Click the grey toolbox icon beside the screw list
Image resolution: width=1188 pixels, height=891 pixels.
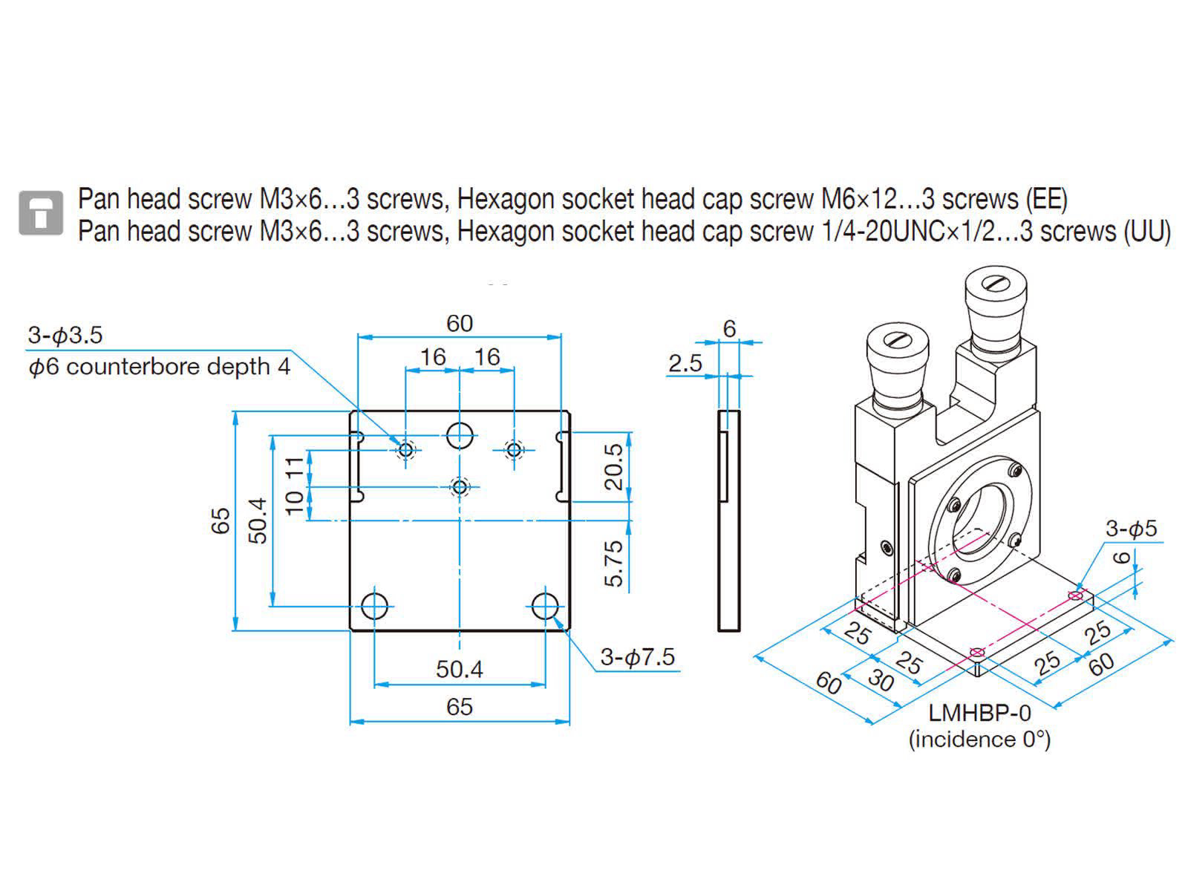(41, 213)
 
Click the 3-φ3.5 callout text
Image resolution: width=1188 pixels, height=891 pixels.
(65, 335)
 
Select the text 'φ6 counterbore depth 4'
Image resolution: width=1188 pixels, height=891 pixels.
(159, 367)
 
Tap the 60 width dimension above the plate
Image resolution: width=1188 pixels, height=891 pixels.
(460, 324)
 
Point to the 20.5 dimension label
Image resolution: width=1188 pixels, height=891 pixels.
(614, 466)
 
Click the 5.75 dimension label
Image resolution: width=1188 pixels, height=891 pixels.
(614, 564)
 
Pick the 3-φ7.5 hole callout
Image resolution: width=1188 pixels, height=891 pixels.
(638, 657)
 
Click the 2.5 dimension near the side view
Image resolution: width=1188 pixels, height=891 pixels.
(685, 363)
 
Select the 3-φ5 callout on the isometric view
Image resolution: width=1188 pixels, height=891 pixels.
(1131, 529)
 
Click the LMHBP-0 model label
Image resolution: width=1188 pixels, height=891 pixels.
(979, 713)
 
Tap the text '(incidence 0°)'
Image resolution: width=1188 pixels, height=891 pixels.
(979, 740)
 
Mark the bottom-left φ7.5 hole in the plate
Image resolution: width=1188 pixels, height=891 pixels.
(375, 606)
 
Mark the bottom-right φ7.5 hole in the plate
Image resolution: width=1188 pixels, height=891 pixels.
(546, 606)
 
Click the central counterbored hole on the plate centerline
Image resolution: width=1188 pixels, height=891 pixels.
(460, 487)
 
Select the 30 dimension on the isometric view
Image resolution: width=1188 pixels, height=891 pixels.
(881, 679)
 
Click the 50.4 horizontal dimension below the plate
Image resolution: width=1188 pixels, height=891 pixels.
(460, 669)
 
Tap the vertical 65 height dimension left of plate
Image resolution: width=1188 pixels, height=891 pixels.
(221, 520)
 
